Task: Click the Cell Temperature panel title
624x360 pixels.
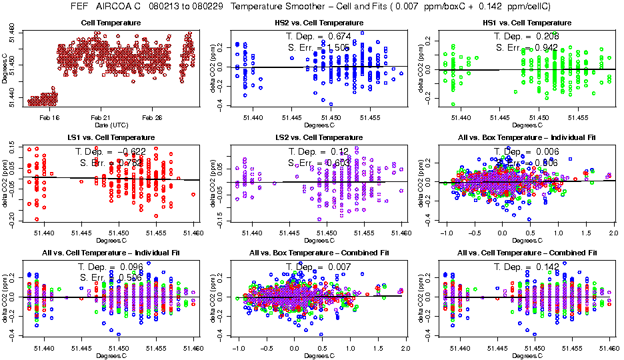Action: [x=110, y=23]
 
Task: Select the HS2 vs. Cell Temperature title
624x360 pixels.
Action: [x=319, y=23]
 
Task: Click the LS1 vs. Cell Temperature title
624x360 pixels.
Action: [x=111, y=137]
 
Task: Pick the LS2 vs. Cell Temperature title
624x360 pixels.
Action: [x=319, y=137]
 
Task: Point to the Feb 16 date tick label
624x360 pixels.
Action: [x=49, y=117]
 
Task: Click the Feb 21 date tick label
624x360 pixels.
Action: [x=101, y=117]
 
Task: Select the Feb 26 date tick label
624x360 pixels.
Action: [x=152, y=117]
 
